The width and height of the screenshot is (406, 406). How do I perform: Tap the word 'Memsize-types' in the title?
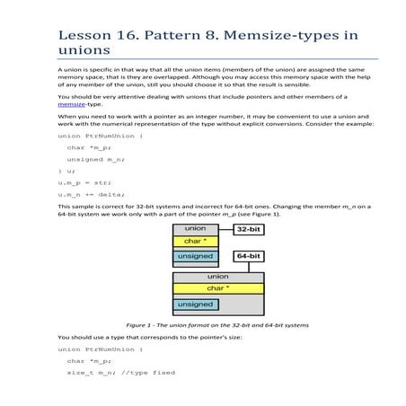(288, 35)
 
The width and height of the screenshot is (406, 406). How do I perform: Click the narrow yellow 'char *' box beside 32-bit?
(195, 241)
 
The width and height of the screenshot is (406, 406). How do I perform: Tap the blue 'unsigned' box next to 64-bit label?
(195, 256)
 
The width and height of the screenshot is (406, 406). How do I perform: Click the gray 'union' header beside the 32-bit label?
(195, 229)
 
